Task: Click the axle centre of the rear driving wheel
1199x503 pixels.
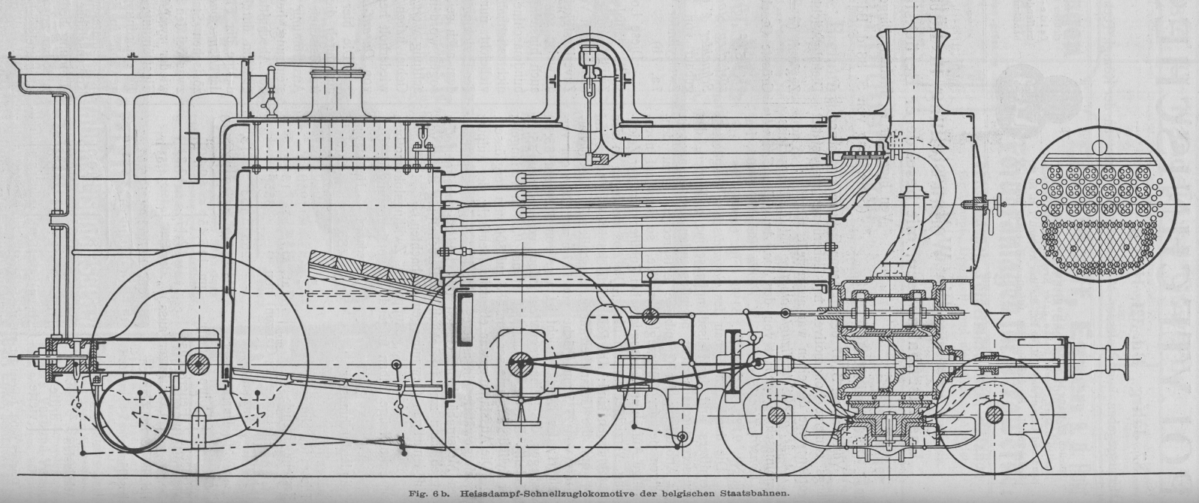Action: pyautogui.click(x=198, y=364)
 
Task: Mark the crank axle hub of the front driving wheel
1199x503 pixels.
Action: pyautogui.click(x=518, y=365)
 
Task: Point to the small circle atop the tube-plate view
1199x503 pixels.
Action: pyautogui.click(x=1100, y=147)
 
